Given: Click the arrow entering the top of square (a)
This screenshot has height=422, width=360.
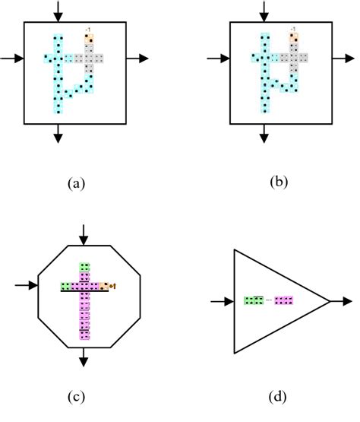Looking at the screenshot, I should click(x=58, y=11).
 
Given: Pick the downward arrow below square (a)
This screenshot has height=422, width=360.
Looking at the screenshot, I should click(x=58, y=133).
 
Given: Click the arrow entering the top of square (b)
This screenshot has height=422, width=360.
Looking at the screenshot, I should click(x=264, y=11).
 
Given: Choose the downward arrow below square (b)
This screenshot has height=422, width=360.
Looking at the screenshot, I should click(x=264, y=133).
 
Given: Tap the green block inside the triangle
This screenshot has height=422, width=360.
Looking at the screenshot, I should click(x=253, y=301).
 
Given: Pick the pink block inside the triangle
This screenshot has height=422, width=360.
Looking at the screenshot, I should click(x=284, y=301).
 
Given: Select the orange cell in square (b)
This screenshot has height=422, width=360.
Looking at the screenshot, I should click(x=292, y=36).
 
